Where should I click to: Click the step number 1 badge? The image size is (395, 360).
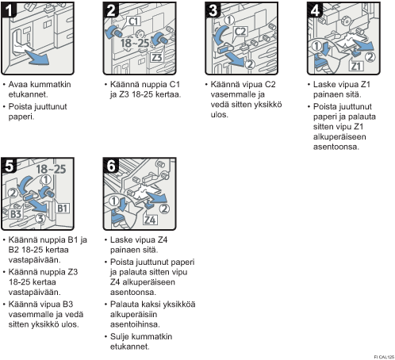[x=9, y=10]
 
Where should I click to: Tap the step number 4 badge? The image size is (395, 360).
[x=315, y=10]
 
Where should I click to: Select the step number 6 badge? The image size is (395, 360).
[x=111, y=166]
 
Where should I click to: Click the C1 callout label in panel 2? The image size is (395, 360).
[x=134, y=21]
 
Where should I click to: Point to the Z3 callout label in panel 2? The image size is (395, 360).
[x=156, y=57]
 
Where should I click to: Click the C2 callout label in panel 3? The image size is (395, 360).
[x=240, y=32]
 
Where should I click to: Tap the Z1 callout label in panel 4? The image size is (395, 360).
[x=355, y=66]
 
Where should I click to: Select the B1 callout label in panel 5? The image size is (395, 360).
[x=63, y=209]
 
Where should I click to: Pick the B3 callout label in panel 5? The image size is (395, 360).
[x=16, y=214]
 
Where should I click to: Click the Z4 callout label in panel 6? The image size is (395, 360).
[x=150, y=220]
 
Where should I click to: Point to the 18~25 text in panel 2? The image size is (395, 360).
[x=135, y=43]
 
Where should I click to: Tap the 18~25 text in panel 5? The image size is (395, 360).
[x=51, y=169]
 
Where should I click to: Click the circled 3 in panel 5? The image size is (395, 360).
[x=40, y=219]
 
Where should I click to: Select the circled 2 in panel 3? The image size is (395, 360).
[x=250, y=64]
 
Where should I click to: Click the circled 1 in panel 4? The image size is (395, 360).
[x=316, y=46]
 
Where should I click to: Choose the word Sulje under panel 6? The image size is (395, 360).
[x=120, y=337]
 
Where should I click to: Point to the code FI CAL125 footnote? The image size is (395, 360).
[x=384, y=357]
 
